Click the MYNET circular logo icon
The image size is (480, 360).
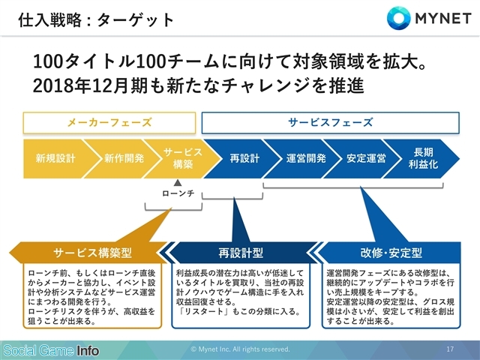398,18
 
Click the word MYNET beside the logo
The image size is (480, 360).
443,18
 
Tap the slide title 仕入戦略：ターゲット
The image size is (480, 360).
96,20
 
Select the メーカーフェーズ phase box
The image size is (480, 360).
109,123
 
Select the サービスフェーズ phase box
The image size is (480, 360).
330,123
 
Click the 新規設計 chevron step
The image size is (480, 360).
55,158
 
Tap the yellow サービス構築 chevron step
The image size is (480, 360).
183,158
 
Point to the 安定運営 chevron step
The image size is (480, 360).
366,158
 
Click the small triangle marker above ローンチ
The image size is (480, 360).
178,183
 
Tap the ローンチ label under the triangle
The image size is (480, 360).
178,193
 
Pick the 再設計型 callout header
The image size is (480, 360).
241,253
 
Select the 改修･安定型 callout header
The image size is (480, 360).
391,253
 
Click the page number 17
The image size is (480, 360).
450,349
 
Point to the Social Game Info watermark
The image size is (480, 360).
52,350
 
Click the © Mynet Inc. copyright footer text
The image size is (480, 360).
240,349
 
